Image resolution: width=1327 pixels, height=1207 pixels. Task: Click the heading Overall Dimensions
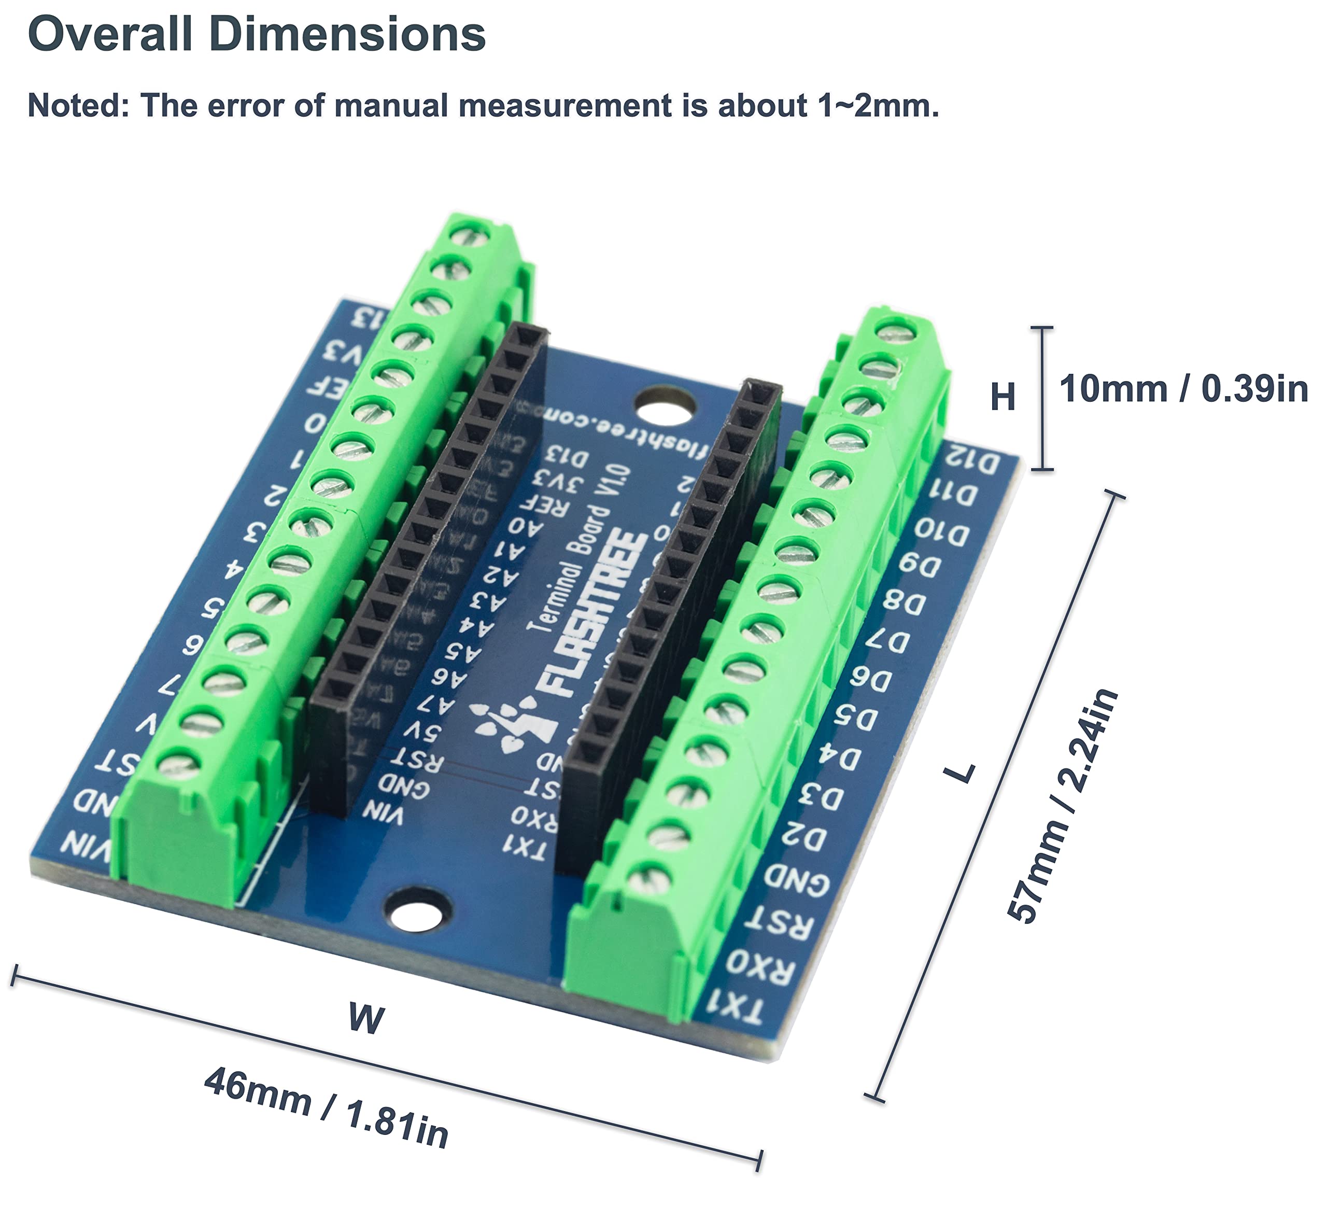(257, 34)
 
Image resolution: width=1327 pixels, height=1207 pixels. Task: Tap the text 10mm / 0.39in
(1183, 388)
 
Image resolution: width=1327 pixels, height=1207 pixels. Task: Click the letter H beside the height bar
(1003, 398)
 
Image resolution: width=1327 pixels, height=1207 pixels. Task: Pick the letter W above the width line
(366, 1018)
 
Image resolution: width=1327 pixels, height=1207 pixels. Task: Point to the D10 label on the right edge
(941, 532)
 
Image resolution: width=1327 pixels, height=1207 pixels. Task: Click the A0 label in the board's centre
(525, 527)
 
